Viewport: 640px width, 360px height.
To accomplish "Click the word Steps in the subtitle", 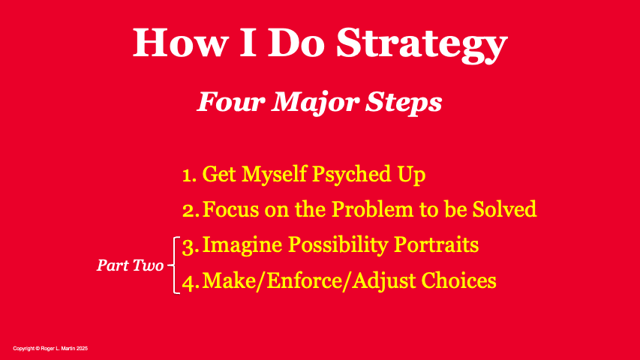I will click(x=404, y=101).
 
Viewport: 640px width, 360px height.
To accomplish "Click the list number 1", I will click(x=189, y=175).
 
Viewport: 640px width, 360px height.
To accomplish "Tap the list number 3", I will click(x=190, y=245).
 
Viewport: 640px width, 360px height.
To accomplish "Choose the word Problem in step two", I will click(x=374, y=209).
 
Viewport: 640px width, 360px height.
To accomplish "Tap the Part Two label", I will click(x=130, y=265).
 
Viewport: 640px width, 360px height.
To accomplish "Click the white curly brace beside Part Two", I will click(x=175, y=265).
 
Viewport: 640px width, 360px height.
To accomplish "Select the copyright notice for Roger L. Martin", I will click(x=50, y=349).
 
